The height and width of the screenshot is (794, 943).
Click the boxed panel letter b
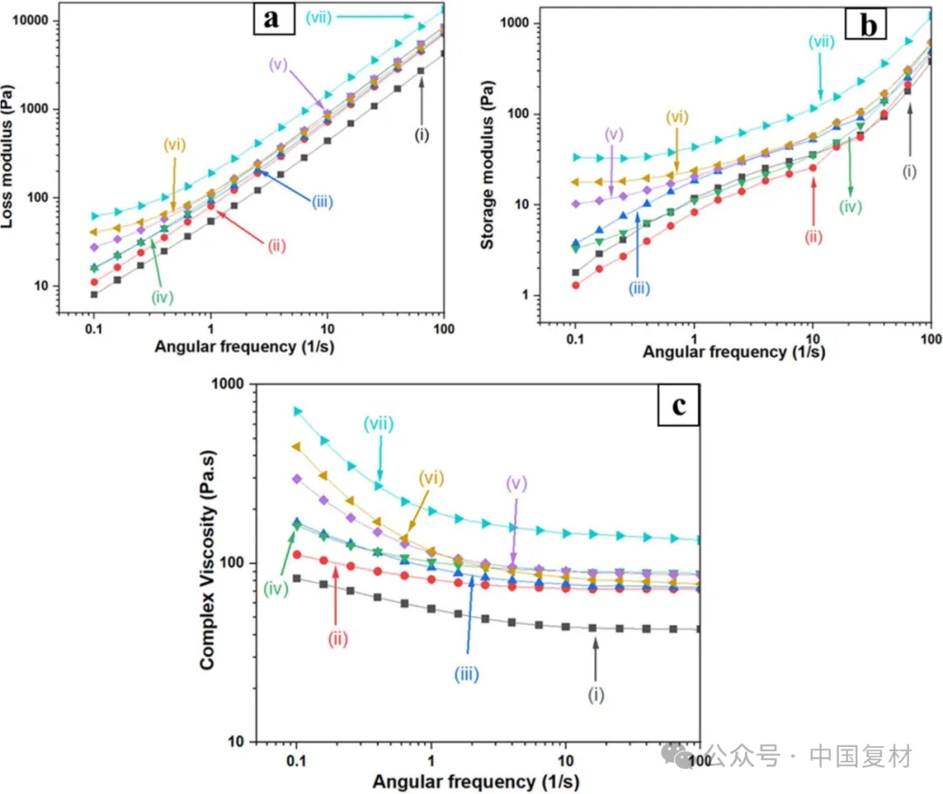pos(869,26)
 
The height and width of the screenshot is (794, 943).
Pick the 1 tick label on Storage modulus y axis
pos(548,296)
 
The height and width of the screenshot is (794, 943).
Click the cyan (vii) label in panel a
pos(319,17)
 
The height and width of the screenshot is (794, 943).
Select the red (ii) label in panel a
pos(276,245)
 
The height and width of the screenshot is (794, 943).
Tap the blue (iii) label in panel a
pos(321,202)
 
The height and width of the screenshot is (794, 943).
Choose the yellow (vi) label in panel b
pos(677,116)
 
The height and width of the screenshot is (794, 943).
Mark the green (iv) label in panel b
pos(850,207)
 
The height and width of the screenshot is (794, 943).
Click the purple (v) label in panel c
pos(517,483)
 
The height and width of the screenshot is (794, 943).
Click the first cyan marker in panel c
pos(297,411)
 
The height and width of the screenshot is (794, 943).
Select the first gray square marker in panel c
pos(297,578)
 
